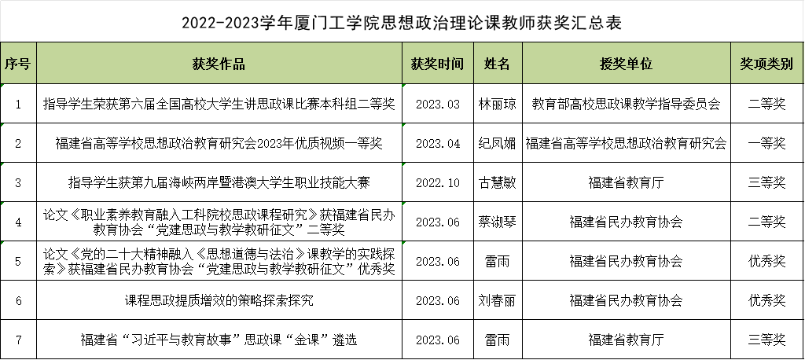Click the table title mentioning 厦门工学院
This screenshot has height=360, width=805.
(402, 23)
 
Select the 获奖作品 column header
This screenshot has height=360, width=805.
(219, 64)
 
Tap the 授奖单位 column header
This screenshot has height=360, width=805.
(626, 64)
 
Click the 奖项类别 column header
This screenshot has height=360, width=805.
(766, 64)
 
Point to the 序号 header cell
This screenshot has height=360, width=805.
(18, 64)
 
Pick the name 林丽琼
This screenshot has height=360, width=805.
(497, 104)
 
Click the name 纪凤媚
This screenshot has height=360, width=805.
(497, 143)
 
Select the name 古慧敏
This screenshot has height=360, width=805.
(497, 182)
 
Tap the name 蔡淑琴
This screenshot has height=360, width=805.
(497, 222)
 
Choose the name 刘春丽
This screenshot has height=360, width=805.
(497, 300)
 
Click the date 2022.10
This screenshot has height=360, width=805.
(437, 183)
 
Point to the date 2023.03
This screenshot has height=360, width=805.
(437, 105)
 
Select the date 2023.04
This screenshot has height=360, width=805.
(437, 144)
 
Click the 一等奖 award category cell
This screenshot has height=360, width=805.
(766, 143)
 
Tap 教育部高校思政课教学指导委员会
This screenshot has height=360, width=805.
(626, 104)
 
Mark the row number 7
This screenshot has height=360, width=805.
(19, 340)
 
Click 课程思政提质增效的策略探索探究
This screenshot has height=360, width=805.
(219, 300)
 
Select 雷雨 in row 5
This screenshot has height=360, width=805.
(497, 261)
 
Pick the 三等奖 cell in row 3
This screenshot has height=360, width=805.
(766, 182)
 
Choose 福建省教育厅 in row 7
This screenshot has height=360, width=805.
(626, 340)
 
